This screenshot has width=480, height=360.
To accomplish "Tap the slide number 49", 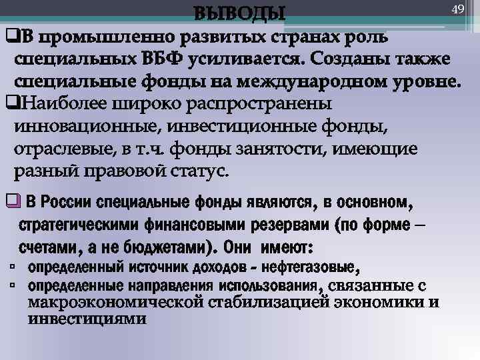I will (x=457, y=9).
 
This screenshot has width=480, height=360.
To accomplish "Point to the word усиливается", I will (x=241, y=59).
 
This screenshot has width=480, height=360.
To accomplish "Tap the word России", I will (x=67, y=202).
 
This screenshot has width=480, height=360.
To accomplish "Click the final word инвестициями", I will (x=87, y=318).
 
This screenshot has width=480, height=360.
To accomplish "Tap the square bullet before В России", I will (x=10, y=201).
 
